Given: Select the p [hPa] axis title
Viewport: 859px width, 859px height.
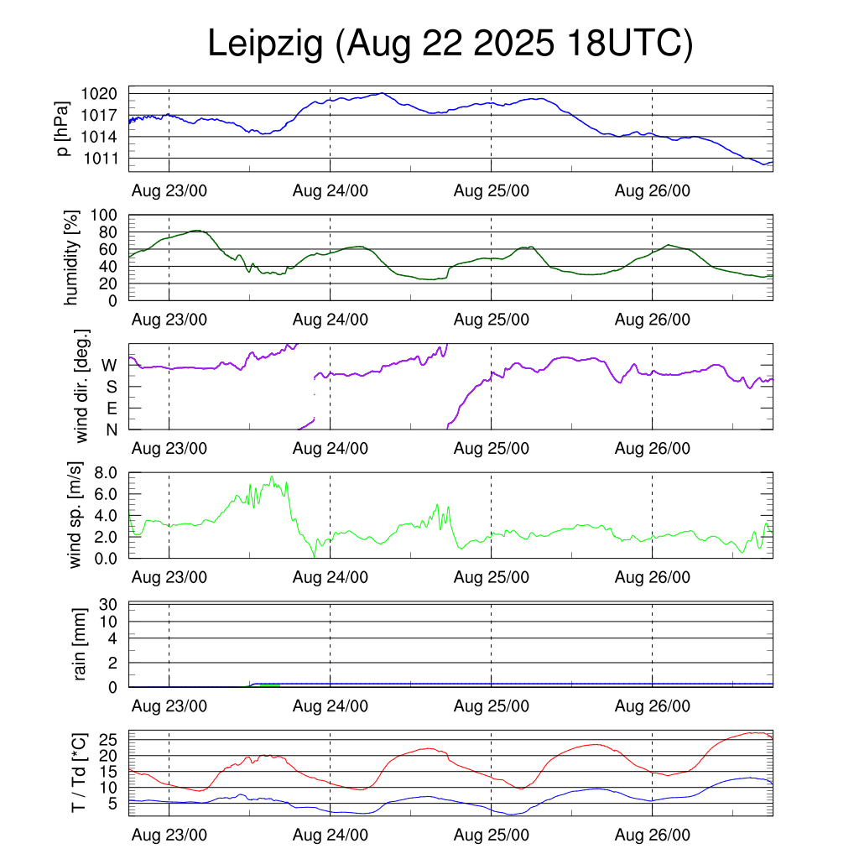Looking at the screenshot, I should (x=63, y=128).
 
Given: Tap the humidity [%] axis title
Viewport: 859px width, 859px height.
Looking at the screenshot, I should (x=73, y=257).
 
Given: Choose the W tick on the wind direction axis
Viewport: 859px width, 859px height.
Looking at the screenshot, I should (x=109, y=365).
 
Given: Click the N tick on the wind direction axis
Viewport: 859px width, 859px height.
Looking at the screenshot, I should (x=110, y=429).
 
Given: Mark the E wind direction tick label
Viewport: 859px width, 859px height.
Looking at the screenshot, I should (x=111, y=409).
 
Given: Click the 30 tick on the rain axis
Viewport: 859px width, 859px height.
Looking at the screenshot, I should (x=107, y=604).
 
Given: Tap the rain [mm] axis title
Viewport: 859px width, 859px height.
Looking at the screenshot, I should (x=81, y=644).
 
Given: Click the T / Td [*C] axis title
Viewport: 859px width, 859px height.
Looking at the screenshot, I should (x=78, y=773).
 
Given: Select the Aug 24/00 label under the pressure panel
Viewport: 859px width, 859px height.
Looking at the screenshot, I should (x=331, y=190).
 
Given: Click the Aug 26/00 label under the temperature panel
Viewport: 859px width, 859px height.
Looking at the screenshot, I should (x=653, y=835).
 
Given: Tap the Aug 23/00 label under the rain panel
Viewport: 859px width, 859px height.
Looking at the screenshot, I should (x=169, y=706).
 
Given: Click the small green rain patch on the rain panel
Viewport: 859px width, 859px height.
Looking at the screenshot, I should (x=268, y=685).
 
